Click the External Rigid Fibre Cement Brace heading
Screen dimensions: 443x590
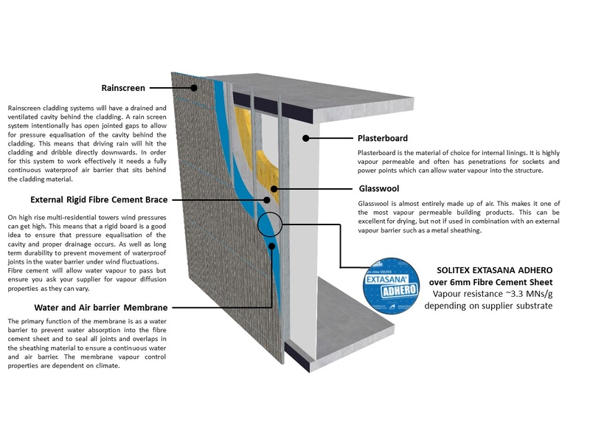[100, 199]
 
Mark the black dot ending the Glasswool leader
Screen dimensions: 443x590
[275, 189]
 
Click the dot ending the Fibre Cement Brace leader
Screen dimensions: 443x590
[266, 199]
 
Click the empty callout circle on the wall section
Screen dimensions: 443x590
[269, 222]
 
